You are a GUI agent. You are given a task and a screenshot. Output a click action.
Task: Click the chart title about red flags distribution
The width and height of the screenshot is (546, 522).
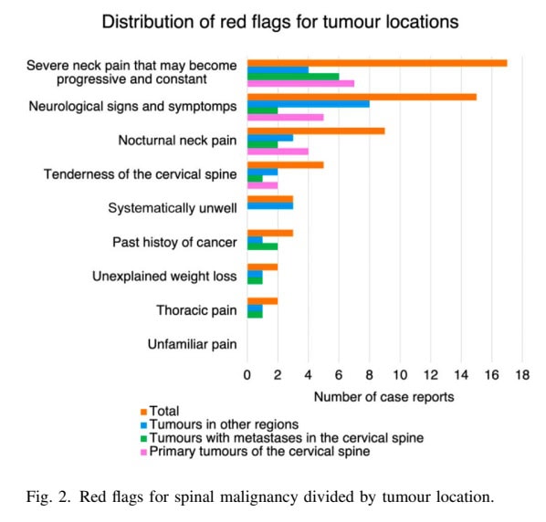point(280,20)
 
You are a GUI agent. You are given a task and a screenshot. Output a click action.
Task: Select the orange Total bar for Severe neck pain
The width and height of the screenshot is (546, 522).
point(376,63)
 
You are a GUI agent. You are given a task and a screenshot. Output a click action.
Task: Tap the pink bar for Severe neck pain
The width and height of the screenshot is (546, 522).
point(300,84)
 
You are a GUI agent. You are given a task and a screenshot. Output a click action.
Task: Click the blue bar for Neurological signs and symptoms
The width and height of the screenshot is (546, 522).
point(308,104)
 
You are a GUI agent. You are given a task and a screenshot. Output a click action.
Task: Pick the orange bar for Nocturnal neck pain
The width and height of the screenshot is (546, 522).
point(315,130)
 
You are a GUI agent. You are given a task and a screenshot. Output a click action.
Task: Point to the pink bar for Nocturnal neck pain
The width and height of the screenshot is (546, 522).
point(278,151)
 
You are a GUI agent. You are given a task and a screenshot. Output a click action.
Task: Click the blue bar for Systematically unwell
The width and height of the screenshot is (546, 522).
point(269,206)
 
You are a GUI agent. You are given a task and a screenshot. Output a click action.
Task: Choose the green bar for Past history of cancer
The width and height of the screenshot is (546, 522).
point(262,246)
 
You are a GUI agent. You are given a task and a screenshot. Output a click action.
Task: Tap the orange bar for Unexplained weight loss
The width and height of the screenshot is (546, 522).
point(262,266)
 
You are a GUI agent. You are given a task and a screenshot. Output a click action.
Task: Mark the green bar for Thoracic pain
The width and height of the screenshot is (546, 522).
point(255,314)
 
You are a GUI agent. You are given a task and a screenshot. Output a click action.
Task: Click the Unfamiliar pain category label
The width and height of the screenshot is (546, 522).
point(192,345)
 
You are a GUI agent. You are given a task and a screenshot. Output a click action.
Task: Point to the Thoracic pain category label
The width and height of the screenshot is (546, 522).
point(196,311)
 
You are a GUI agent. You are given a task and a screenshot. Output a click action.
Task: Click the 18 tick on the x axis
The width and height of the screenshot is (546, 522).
point(522,375)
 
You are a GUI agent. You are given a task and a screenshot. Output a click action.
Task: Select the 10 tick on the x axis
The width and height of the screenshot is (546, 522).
point(400,375)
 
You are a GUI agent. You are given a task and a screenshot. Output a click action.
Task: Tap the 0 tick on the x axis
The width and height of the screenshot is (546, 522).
point(247,375)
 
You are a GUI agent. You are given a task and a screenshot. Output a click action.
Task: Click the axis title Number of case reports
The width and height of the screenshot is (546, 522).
point(383,397)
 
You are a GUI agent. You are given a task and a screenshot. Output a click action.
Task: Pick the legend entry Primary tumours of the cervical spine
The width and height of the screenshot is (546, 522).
point(258,451)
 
